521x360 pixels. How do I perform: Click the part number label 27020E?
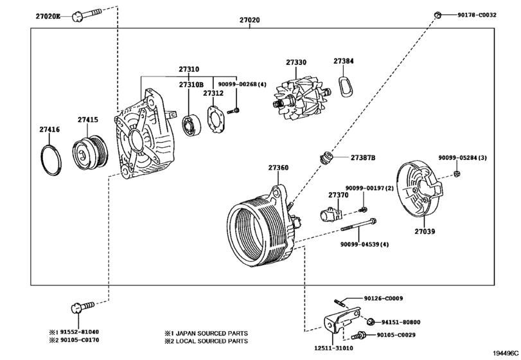[x=48, y=16]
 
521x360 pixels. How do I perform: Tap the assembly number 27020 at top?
[x=249, y=20]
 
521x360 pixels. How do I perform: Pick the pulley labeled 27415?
[x=90, y=152]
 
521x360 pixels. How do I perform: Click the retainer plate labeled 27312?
[x=215, y=120]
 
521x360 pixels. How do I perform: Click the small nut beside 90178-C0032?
[x=438, y=15]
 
